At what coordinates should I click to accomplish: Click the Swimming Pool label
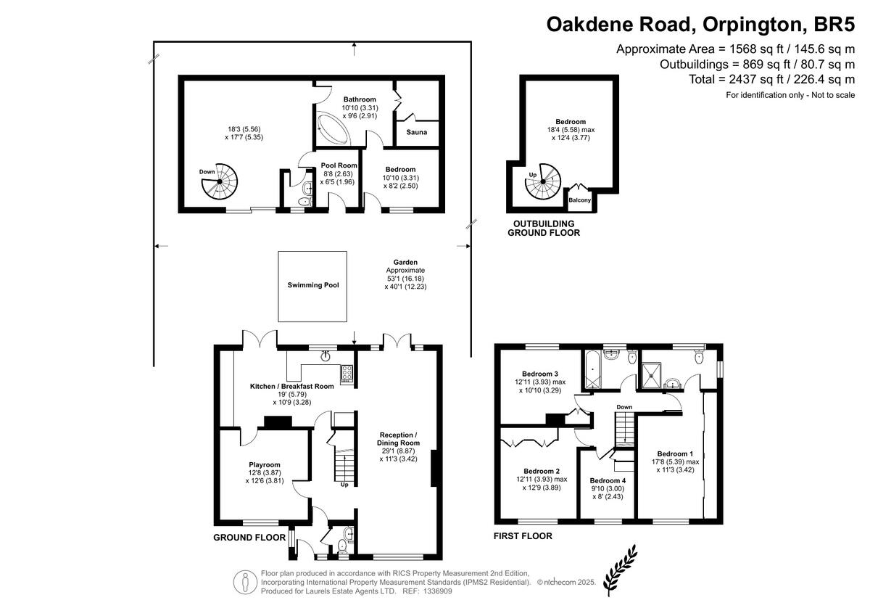tap(312, 285)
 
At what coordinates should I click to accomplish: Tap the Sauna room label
tap(416, 132)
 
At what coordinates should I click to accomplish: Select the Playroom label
tap(264, 464)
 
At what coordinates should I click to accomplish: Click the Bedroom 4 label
tap(607, 480)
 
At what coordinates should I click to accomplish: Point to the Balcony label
tap(579, 200)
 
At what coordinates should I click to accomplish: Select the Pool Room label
tap(339, 165)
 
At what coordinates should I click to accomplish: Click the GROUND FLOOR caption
tap(249, 538)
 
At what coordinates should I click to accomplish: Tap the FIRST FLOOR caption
tap(523, 536)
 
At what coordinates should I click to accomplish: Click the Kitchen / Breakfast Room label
tap(291, 386)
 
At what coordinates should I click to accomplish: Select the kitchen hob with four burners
tap(347, 373)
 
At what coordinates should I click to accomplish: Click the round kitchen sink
tap(326, 356)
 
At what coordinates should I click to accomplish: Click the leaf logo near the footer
tap(621, 569)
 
